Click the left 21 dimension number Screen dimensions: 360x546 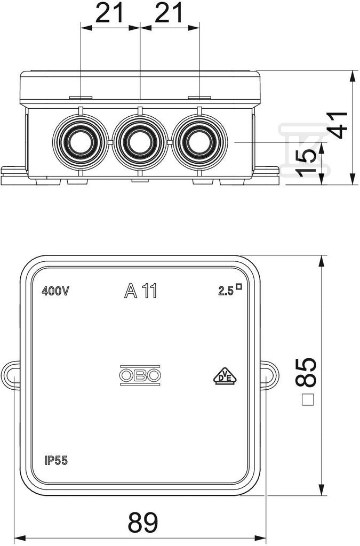pos(109,13)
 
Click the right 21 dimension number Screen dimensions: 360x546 pos(169,13)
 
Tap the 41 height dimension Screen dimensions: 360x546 pos(338,125)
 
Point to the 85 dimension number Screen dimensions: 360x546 pos(306,372)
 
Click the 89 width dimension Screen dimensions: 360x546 pos(143,521)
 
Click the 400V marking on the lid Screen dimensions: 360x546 pos(55,291)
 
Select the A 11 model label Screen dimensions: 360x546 pos(141,291)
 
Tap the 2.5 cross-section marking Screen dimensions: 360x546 pos(230,291)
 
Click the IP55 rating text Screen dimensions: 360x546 pos(56,461)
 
